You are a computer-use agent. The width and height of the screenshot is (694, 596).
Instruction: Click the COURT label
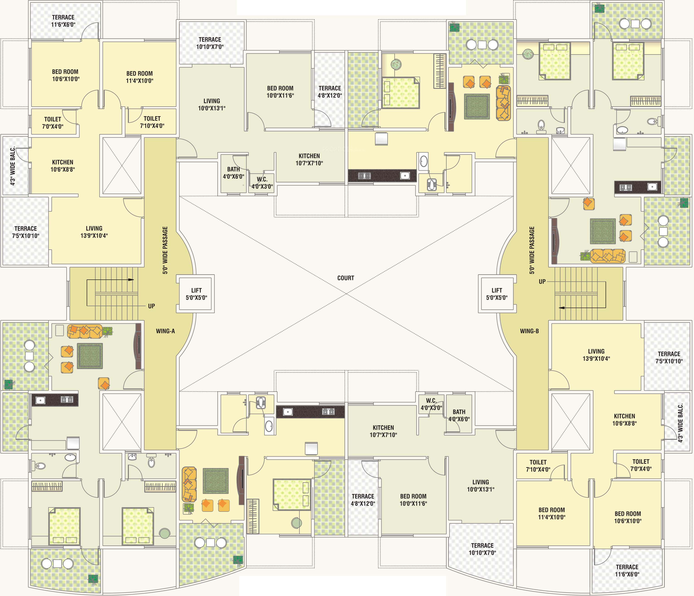(346, 278)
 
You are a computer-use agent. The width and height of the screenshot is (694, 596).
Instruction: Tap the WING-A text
(165, 331)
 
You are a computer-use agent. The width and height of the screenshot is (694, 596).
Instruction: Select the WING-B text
(530, 331)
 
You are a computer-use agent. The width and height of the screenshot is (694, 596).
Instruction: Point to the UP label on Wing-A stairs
(151, 306)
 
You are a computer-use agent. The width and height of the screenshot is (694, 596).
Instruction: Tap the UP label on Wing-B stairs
(542, 282)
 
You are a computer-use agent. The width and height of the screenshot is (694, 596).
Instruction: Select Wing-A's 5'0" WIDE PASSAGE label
(165, 250)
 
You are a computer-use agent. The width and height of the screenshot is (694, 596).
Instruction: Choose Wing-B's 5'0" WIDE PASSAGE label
(532, 250)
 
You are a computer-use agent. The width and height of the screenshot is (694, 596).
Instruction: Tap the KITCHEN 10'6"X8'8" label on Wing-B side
(624, 420)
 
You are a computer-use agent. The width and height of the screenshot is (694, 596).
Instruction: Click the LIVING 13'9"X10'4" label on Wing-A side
(94, 232)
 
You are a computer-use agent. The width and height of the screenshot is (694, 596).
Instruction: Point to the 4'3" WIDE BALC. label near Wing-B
(680, 423)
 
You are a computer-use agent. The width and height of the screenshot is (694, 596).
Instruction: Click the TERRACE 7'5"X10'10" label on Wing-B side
(669, 357)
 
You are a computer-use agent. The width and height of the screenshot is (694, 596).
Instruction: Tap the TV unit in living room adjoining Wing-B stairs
(554, 240)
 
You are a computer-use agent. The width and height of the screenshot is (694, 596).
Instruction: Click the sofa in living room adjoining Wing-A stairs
(85, 331)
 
